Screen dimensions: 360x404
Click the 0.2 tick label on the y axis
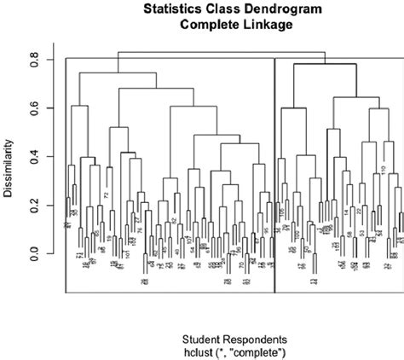pos(35,206)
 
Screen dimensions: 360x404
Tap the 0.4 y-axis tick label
pos(35,157)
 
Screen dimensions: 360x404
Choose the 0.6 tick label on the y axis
pos(35,108)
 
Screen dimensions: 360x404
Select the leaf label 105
pos(282,211)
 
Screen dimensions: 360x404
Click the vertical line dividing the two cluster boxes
pos(274,171)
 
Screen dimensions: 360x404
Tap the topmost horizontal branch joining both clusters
pos(221,52)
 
